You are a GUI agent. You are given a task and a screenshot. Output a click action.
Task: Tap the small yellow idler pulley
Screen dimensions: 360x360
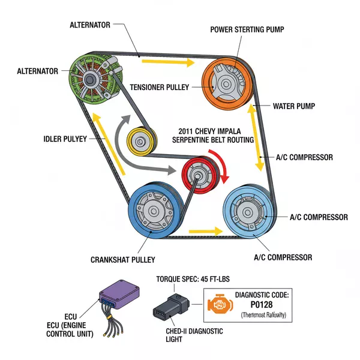pos(141,142)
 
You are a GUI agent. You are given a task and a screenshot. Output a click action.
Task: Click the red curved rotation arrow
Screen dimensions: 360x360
pos(223,169)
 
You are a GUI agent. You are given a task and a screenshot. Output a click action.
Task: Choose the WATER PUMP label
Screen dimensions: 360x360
pos(294,106)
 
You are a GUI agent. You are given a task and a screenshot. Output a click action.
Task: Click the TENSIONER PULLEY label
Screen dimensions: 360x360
pos(159,88)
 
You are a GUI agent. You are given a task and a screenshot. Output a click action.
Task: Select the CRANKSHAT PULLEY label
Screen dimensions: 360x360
pos(122,260)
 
